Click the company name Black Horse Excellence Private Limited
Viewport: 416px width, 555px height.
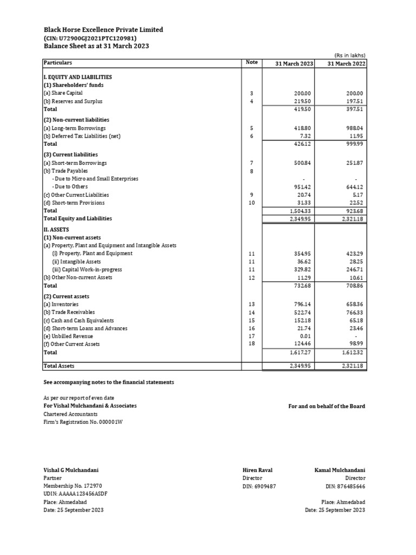click(x=103, y=30)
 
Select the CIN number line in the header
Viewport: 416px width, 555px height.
click(x=90, y=38)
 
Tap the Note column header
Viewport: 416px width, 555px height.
click(x=251, y=62)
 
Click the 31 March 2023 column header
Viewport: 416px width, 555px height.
click(x=294, y=63)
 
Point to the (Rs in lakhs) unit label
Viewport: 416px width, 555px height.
click(x=350, y=55)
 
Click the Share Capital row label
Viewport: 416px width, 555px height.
click(x=64, y=93)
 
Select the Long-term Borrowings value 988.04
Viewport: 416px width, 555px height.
click(x=355, y=128)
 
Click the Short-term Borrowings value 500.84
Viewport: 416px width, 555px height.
click(x=303, y=163)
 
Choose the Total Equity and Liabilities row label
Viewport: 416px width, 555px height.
click(x=77, y=218)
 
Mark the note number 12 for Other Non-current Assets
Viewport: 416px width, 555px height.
click(x=251, y=277)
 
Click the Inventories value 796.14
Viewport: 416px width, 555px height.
click(x=303, y=304)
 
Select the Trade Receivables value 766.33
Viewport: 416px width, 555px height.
click(x=355, y=312)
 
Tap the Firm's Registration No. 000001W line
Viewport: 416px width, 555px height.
click(x=83, y=422)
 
